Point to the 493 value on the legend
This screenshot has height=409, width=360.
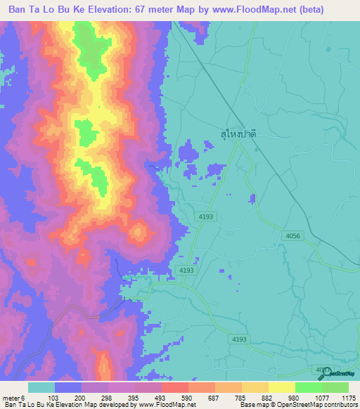[x=161, y=398]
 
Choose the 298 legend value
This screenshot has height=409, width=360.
[x=108, y=398]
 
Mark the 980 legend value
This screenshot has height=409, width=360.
[x=295, y=398]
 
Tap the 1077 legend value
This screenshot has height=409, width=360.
[x=321, y=398]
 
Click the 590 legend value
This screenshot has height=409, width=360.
[x=188, y=398]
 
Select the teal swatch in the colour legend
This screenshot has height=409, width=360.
[x=41, y=387]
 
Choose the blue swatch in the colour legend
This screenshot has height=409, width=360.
[x=68, y=387]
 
